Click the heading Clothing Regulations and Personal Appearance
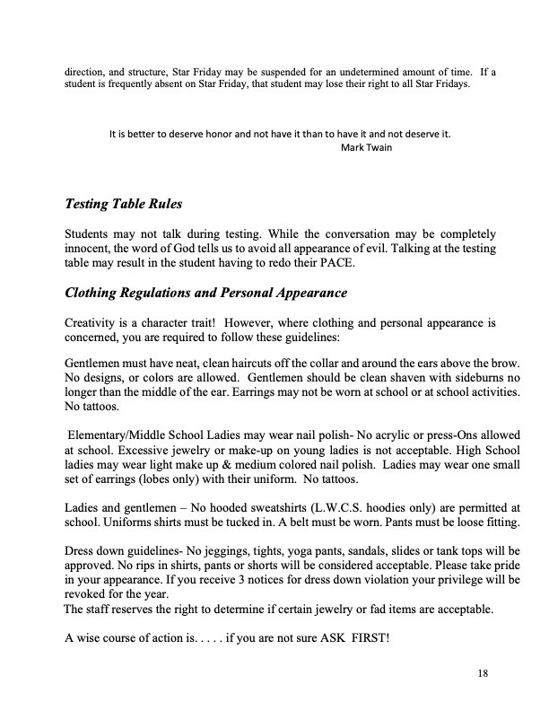pos(206,294)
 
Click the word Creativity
pos(92,321)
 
